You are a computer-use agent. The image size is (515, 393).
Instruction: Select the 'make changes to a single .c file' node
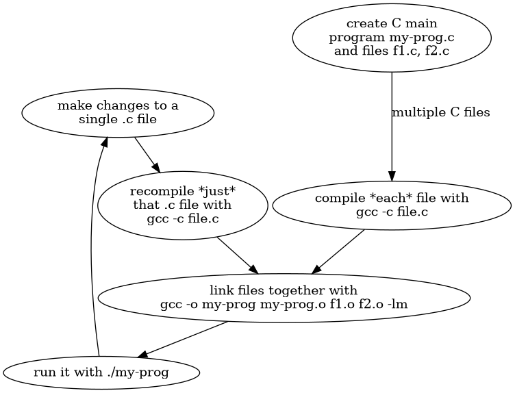pyautogui.click(x=118, y=113)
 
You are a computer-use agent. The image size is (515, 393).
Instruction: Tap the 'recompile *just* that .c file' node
pyautogui.click(x=182, y=205)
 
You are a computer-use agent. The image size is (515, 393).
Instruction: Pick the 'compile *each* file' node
pyautogui.click(x=391, y=205)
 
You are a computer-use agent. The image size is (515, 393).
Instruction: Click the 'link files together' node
pyautogui.click(x=284, y=297)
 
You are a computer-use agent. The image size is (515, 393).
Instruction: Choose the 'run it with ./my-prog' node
pyautogui.click(x=101, y=373)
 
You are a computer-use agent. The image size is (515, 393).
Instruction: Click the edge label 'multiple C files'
pyautogui.click(x=440, y=113)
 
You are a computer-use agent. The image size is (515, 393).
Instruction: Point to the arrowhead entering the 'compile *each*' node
pyautogui.click(x=391, y=173)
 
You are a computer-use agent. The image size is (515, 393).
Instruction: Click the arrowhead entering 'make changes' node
pyautogui.click(x=105, y=141)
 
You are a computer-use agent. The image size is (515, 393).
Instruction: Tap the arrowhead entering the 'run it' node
pyautogui.click(x=142, y=353)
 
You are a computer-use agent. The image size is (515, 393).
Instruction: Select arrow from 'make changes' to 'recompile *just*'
pyautogui.click(x=147, y=154)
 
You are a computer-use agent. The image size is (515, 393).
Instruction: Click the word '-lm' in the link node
pyautogui.click(x=399, y=305)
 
